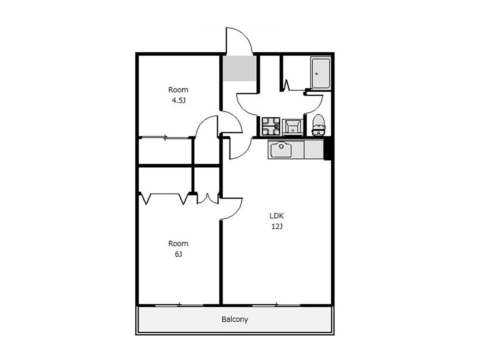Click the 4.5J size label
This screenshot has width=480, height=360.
pyautogui.click(x=178, y=100)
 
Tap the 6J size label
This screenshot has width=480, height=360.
pyautogui.click(x=178, y=254)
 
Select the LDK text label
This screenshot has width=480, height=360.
pyautogui.click(x=277, y=216)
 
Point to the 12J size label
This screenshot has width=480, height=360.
pyautogui.click(x=277, y=226)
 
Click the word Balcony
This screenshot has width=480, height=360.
pyautogui.click(x=235, y=319)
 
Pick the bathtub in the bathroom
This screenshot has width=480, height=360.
pyautogui.click(x=320, y=73)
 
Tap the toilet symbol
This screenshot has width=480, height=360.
pyautogui.click(x=319, y=125)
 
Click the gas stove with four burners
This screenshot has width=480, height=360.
pyautogui.click(x=271, y=126)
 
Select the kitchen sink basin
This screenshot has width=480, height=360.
pyautogui.click(x=281, y=150)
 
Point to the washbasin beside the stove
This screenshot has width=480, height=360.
pyautogui.click(x=292, y=128)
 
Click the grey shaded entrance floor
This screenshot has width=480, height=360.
pyautogui.click(x=240, y=68)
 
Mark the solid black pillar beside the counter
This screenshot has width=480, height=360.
pyautogui.click(x=327, y=148)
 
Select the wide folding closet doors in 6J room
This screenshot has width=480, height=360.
pyautogui.click(x=164, y=198)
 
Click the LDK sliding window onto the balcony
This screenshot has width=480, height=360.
pyautogui.click(x=276, y=305)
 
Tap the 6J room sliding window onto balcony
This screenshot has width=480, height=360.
pyautogui.click(x=179, y=305)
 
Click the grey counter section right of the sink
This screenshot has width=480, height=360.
pyautogui.click(x=314, y=149)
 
